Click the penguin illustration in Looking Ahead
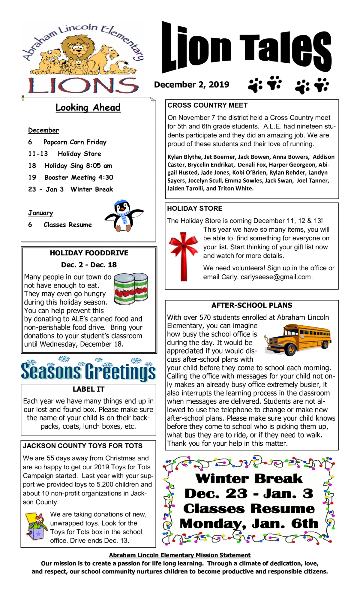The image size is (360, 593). pos(124,215)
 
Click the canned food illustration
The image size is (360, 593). pos(131,288)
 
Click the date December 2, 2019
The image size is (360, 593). pos(191,85)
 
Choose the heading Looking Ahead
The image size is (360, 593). pos(88,107)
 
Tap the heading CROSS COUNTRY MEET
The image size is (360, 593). pos(207,105)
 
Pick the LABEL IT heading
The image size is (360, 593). pos(88,389)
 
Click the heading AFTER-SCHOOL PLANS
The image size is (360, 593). pos(252,305)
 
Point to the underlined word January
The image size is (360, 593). pos(40,213)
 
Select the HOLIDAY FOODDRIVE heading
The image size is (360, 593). pos(89,253)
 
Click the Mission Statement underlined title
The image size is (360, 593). pos(180,555)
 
